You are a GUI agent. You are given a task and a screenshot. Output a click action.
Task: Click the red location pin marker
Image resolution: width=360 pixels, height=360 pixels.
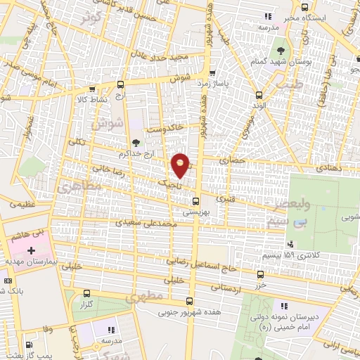click(x=181, y=165)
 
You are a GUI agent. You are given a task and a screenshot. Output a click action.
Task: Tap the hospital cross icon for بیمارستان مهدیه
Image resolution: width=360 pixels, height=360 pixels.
click(x=30, y=251)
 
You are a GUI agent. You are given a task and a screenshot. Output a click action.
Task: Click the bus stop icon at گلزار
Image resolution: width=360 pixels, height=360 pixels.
click(x=86, y=294)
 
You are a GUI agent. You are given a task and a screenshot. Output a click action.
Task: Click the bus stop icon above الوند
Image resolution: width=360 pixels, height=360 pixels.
click(x=260, y=94)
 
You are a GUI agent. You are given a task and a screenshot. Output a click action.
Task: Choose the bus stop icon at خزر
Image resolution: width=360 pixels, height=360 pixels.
click(x=261, y=274)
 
